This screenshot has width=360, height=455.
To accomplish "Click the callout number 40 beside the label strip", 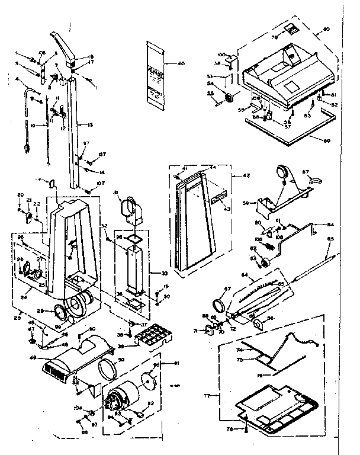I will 181,63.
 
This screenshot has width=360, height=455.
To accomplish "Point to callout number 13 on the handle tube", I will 91,126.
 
